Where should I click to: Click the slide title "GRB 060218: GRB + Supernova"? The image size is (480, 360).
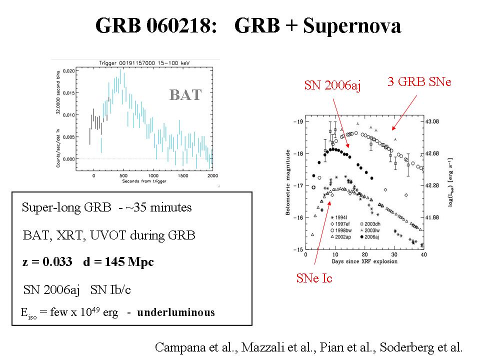(x=248, y=26)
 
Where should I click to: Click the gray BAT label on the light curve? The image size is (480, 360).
(x=185, y=94)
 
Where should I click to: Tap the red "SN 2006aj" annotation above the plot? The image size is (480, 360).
(x=332, y=86)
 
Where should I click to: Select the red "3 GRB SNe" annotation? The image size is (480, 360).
(x=419, y=81)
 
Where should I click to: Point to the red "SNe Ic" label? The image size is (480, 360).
(x=314, y=278)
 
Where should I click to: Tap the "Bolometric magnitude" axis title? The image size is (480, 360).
(x=288, y=185)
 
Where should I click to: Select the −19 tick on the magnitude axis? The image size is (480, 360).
(x=298, y=121)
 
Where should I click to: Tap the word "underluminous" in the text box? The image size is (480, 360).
(x=176, y=313)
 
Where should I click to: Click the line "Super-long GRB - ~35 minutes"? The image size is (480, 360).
(x=106, y=207)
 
